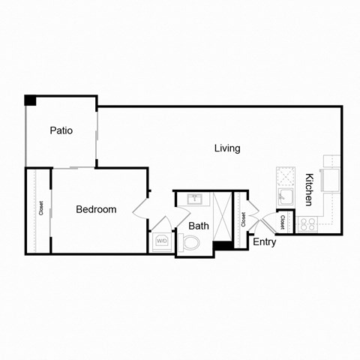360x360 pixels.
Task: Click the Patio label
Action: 61,130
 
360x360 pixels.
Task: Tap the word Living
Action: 227,148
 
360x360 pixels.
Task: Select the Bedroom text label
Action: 96,209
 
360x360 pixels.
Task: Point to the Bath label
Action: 199,226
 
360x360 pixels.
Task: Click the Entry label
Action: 264,242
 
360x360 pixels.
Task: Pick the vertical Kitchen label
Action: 309,190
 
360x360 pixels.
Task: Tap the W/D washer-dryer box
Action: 162,242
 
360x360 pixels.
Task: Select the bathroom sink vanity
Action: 194,199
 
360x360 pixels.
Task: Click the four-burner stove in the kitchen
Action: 308,223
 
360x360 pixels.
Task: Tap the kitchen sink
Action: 285,197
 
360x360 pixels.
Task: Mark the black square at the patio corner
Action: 30,100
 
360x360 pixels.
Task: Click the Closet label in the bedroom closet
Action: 41,209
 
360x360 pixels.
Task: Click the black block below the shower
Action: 223,246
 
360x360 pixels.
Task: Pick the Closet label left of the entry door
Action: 243,219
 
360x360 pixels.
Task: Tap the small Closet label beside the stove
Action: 283,222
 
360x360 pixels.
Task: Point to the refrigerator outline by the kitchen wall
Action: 331,179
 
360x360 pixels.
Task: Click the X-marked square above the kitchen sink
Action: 286,176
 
